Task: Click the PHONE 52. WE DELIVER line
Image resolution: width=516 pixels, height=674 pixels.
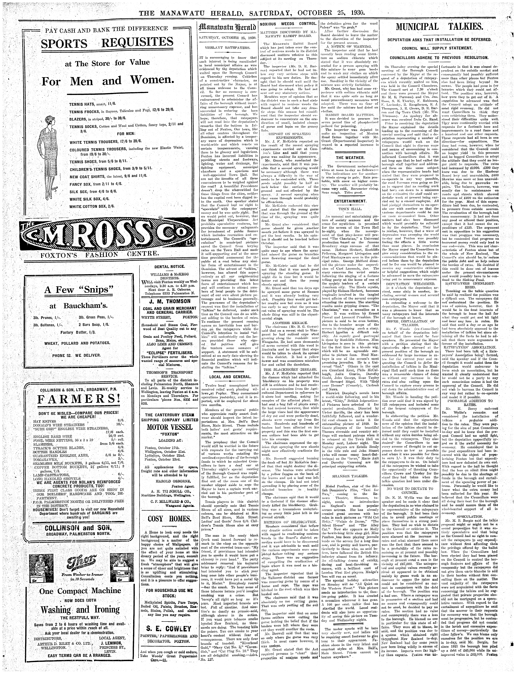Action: [77, 355]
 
